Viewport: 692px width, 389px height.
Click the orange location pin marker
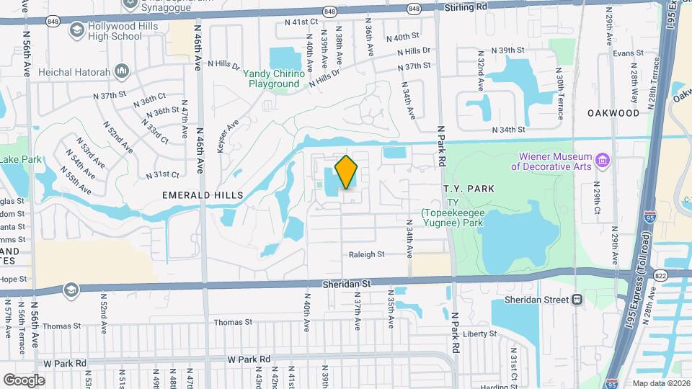point(346,172)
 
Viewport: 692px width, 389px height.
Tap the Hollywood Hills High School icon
point(76,30)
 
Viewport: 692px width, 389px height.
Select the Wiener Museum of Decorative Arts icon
point(603,158)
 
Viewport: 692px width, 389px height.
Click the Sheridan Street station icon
point(577,300)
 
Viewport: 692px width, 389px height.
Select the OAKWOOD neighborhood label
point(613,113)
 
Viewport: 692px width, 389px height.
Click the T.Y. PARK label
point(469,189)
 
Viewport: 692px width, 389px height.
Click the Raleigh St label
point(367,254)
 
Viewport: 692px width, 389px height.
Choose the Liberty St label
point(480,334)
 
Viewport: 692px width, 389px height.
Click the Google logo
point(24,380)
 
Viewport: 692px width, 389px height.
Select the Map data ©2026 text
point(660,383)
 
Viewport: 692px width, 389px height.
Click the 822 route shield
point(660,275)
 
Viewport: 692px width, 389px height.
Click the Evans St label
point(627,53)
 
